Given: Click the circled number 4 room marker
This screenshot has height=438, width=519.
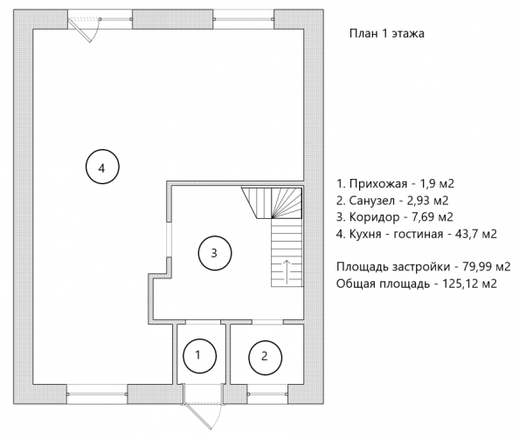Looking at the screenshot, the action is click(102, 167).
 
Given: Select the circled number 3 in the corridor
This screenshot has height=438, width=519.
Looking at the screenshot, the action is click(215, 253).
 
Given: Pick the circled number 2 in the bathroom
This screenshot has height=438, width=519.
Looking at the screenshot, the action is click(265, 357).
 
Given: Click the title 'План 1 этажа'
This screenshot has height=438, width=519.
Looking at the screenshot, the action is click(386, 34).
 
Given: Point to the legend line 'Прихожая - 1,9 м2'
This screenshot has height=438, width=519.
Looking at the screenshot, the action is click(396, 183).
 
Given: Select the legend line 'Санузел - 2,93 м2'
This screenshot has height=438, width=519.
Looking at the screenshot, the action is click(392, 201).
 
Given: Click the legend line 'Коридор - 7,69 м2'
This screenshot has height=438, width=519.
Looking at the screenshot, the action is click(395, 217).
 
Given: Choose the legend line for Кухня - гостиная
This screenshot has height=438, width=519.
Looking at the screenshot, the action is click(417, 234).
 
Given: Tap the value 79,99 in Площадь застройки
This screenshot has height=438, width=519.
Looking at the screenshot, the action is click(475, 266).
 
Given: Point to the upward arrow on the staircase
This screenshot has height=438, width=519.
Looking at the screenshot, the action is click(287, 271).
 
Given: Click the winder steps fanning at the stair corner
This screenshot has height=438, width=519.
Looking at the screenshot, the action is click(287, 203).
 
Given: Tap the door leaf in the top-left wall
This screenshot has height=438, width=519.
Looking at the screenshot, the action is click(80, 30).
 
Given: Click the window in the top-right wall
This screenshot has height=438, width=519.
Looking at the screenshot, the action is click(244, 19).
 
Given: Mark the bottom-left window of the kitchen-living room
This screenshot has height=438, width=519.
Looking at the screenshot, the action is click(97, 394).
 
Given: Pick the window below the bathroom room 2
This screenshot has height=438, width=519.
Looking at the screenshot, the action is click(267, 394).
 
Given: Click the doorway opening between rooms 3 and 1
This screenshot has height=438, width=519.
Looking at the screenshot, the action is click(203, 322).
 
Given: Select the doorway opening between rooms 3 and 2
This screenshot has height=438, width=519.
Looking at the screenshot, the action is click(267, 322).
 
